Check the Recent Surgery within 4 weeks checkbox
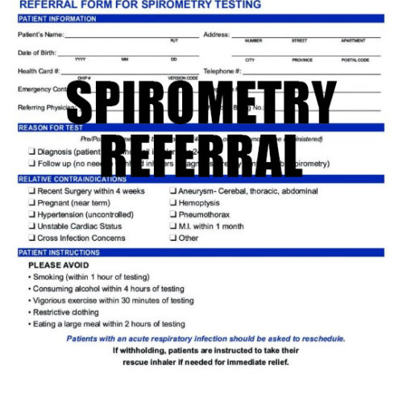click(31, 192)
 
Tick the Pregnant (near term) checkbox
click(31, 203)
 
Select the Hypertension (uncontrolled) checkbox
click(31, 215)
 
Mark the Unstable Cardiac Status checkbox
click(31, 226)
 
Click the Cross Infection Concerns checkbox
click(31, 239)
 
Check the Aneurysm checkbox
click(172, 192)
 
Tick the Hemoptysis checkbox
click(172, 203)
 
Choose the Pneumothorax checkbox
click(172, 215)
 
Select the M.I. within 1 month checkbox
click(172, 226)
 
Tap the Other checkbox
click(172, 239)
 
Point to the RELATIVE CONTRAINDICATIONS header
click(72, 179)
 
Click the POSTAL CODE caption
click(355, 60)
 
